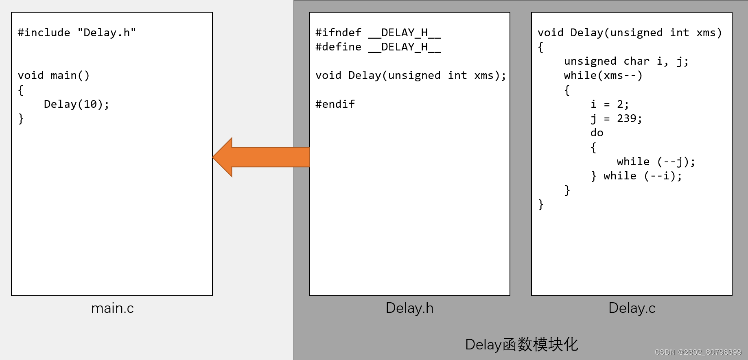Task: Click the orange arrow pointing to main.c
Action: point(260,157)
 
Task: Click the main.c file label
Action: point(112,308)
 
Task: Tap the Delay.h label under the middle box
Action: point(409,308)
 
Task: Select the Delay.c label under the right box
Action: point(632,308)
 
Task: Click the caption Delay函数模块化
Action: point(521,345)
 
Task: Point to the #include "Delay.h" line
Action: point(77,33)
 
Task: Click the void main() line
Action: point(53,75)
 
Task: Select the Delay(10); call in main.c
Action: point(77,104)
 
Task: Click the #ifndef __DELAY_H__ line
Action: point(378,33)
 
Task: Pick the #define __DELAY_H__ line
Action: point(378,47)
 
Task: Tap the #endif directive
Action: point(335,104)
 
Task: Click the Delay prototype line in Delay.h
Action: point(411,75)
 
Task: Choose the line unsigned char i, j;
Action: point(626,61)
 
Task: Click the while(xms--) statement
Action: point(603,75)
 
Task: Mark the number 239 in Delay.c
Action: point(627,118)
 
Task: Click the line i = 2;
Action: point(610,104)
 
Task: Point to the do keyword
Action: point(597,133)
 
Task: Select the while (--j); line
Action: point(656,161)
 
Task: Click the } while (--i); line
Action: point(636,176)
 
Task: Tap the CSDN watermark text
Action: point(698,352)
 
